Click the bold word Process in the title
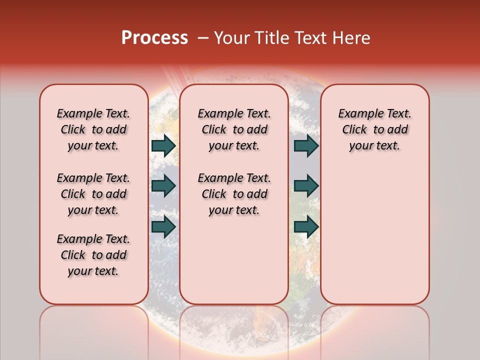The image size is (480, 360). pos(154,38)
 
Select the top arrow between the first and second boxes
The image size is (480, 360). pos(163,145)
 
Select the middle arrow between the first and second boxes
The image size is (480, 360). pos(163,186)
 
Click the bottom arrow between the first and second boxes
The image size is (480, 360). pos(163,226)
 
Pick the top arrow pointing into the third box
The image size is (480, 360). pos(306,145)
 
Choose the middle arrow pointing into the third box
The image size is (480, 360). pos(306,186)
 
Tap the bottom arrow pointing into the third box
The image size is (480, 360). pos(306,226)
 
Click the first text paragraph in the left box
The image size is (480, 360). pos(93,129)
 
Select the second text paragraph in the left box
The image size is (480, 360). pos(93,194)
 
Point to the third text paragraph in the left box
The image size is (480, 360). pos(93,255)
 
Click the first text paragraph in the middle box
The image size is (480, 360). pos(234,129)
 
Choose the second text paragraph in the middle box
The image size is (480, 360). pos(234,194)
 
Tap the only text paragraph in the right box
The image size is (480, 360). pos(374,129)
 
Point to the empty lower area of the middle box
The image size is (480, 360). pos(234,260)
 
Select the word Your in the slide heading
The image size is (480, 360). pos(231,38)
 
